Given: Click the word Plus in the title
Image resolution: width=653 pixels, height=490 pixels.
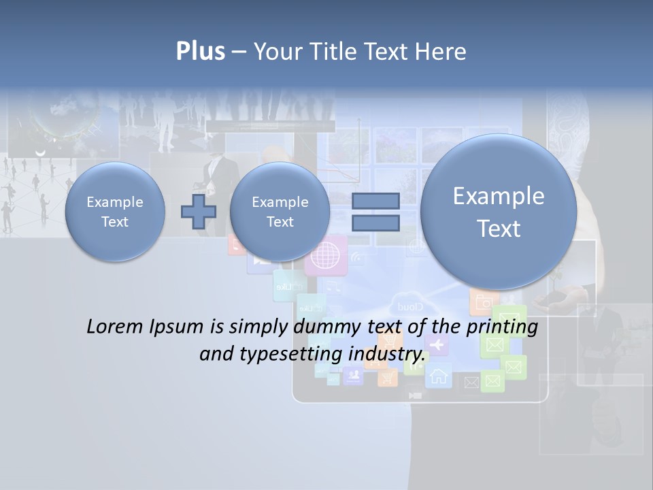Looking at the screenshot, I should [200, 51].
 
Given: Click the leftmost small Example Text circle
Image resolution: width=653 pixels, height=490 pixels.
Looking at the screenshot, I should [114, 212].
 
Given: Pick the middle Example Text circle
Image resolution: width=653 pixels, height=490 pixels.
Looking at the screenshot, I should [280, 212].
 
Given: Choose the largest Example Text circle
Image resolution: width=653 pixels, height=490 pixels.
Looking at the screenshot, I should [499, 212].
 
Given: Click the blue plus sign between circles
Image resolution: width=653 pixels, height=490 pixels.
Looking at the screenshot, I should [198, 212].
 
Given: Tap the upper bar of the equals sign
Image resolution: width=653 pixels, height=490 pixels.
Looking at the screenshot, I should [375, 201].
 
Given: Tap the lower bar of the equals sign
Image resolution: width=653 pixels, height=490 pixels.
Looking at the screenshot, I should [375, 223].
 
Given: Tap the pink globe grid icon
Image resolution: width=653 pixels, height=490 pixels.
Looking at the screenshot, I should [325, 257].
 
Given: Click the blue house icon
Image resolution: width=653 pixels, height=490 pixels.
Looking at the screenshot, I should [439, 375].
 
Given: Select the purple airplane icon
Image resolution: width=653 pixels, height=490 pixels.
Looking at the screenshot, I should [436, 344].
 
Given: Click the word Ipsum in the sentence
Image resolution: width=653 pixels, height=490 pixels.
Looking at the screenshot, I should [179, 327].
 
